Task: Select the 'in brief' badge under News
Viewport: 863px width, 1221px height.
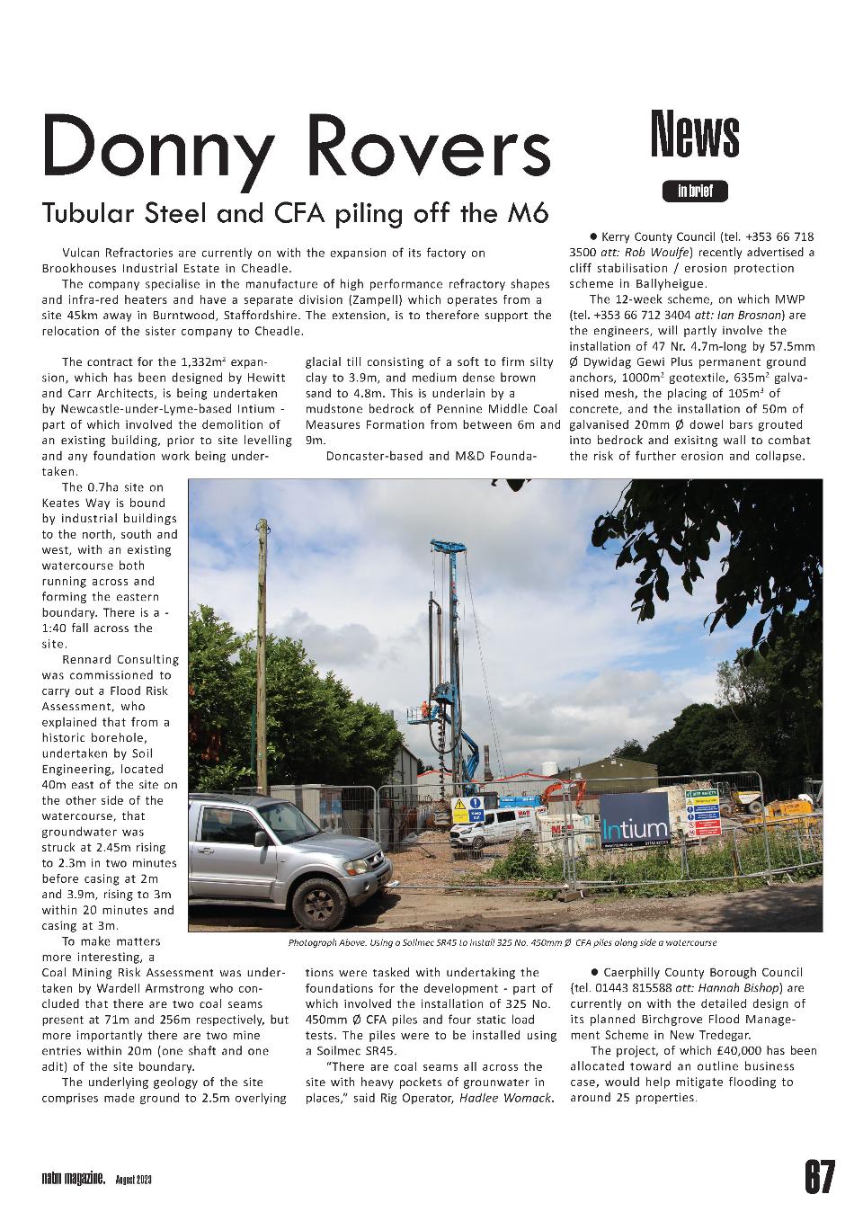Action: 695,191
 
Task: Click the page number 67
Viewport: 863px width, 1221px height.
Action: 819,1177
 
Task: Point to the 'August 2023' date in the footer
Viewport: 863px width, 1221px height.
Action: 133,1180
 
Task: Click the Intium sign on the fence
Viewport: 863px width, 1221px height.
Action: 635,828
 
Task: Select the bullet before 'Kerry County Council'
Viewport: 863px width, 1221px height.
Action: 593,236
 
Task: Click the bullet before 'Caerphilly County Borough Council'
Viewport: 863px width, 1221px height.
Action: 594,972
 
